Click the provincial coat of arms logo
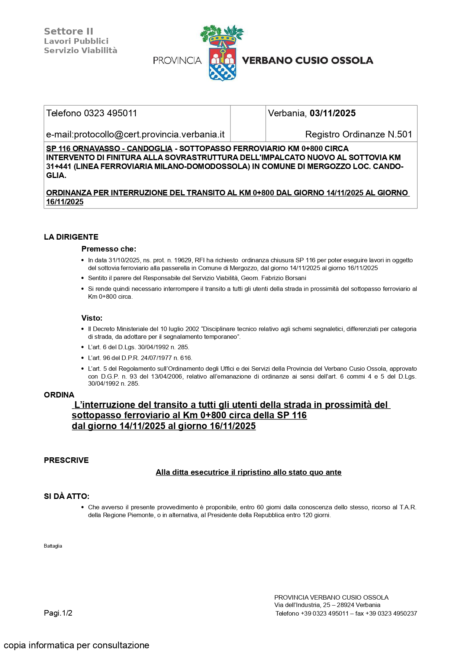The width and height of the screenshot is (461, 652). pos(222,53)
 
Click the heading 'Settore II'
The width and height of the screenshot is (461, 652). pos(68,32)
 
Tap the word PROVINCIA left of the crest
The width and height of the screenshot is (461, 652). pos(177,61)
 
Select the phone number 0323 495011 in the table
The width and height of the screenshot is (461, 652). pos(110,113)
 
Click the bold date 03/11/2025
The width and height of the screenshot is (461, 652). pos(332,113)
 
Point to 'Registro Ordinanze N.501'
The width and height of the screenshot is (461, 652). pos(358,134)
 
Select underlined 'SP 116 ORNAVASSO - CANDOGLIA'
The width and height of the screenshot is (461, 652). pos(109,149)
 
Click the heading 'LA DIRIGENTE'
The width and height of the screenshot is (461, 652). pos(71,237)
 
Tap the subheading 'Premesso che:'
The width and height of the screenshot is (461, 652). pos(109,249)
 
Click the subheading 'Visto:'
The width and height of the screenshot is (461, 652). pos(92,318)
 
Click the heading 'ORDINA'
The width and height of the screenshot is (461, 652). pos(59,395)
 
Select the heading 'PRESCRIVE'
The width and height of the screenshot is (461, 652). pos(66,460)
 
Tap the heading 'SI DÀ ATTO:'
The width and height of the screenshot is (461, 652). pos(67,496)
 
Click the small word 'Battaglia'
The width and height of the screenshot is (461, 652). pos(53,546)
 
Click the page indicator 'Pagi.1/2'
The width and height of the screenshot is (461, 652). pos(58,613)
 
